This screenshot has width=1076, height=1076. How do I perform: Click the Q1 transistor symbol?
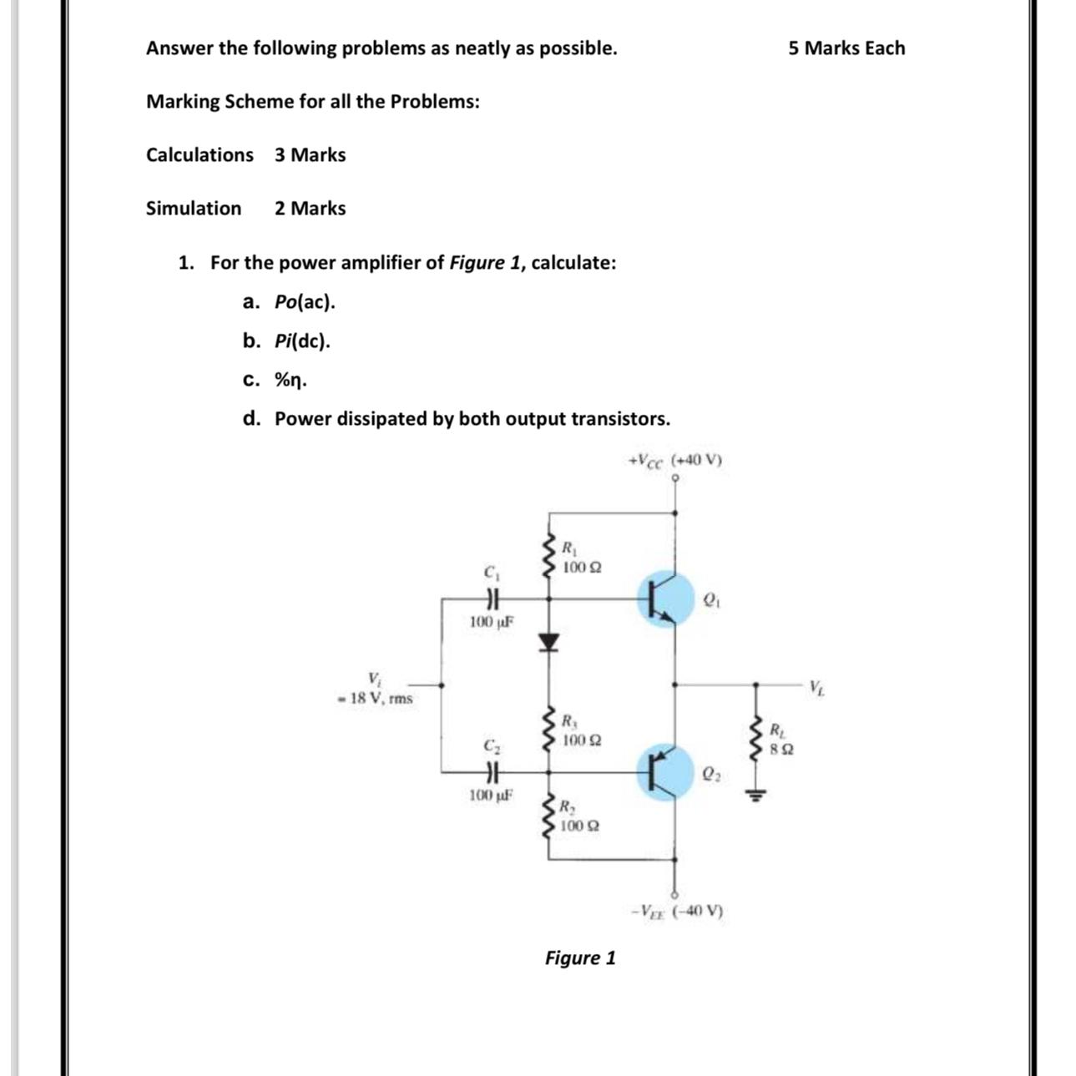664,599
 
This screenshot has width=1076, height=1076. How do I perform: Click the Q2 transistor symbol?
664,772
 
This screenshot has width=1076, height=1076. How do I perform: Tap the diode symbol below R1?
548,641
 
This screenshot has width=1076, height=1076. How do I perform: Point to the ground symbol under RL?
756,795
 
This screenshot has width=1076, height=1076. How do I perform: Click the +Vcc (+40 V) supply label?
675,460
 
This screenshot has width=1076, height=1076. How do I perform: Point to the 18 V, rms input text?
376,699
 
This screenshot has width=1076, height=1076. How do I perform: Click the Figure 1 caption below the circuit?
580,957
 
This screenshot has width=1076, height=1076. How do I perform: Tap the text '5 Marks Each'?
846,48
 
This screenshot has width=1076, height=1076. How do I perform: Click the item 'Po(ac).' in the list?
305,302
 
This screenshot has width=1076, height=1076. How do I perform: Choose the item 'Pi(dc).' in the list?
302,341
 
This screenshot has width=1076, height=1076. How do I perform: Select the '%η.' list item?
290,381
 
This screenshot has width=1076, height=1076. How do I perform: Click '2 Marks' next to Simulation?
310,209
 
